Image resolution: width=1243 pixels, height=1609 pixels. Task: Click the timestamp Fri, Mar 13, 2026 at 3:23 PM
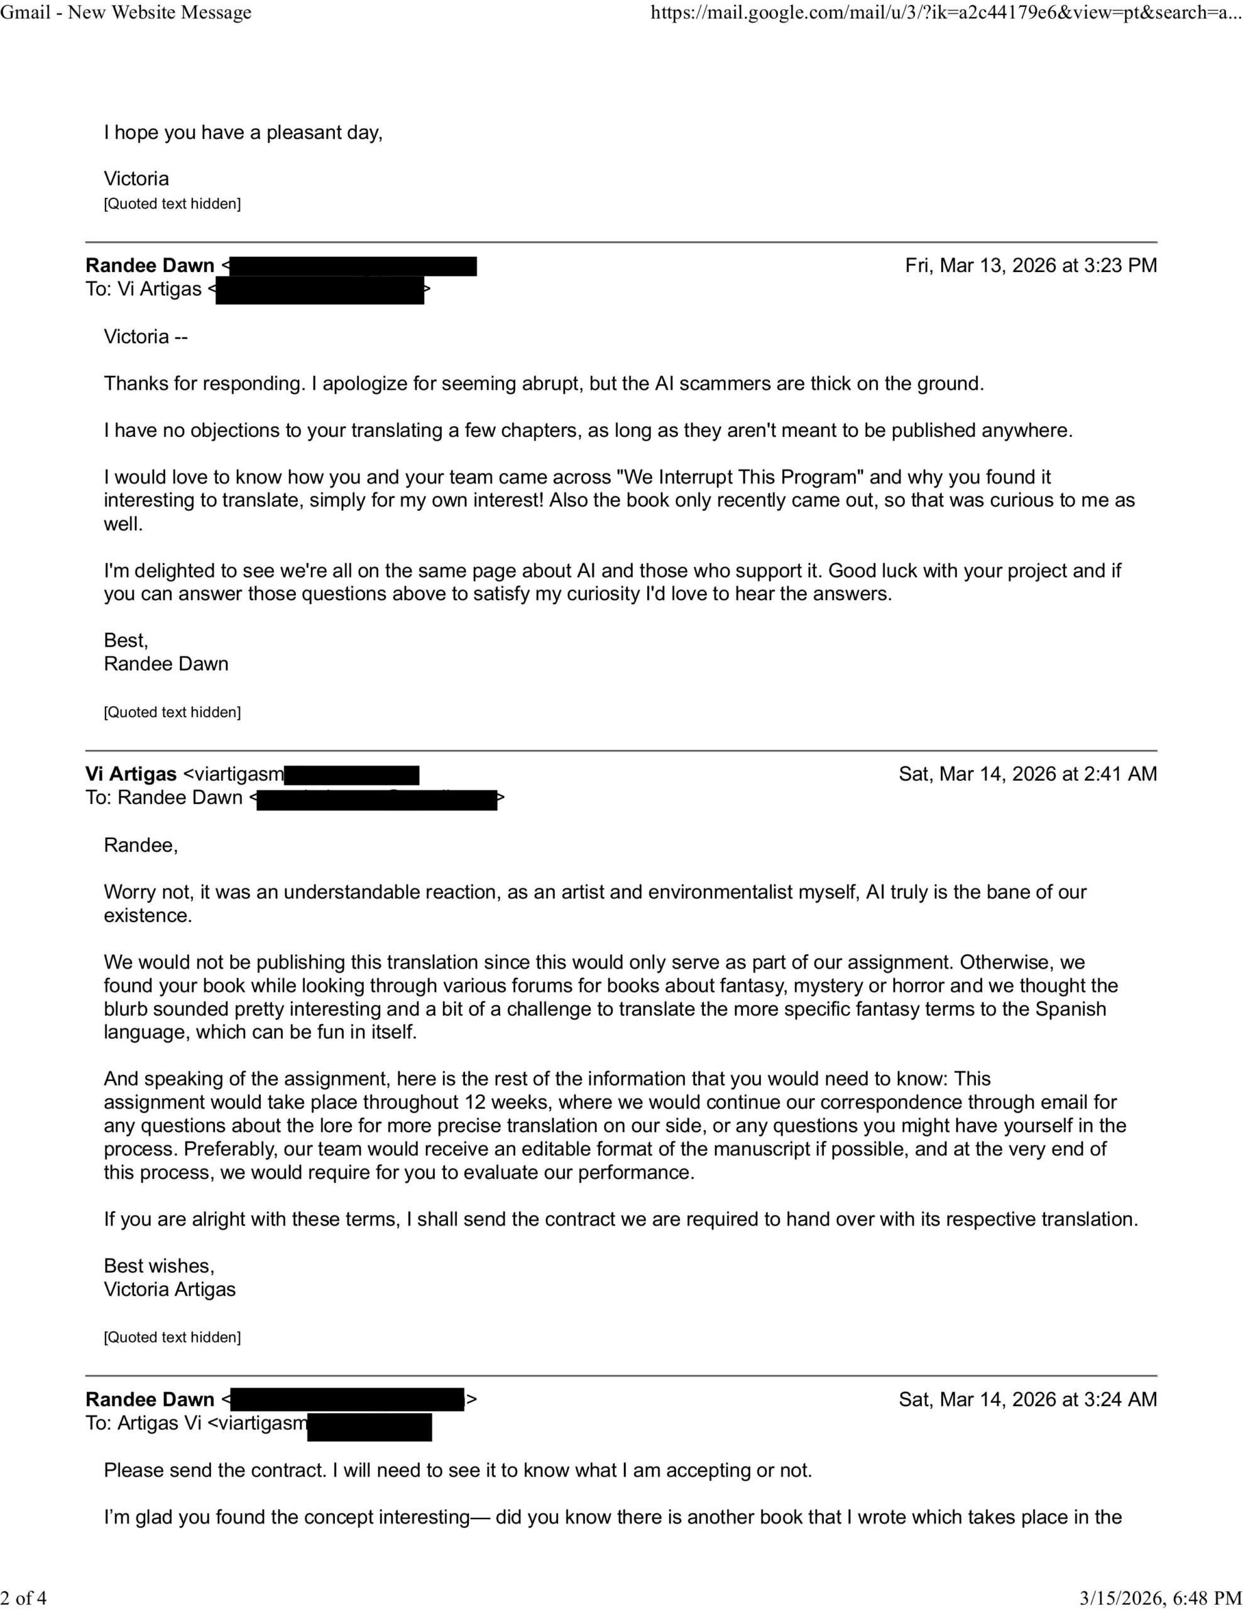coord(1030,265)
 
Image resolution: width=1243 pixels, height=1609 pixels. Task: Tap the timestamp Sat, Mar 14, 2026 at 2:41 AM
coord(1027,774)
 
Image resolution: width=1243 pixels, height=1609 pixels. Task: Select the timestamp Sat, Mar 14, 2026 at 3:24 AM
coord(1027,1399)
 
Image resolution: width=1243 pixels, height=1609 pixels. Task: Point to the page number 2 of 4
coord(24,1597)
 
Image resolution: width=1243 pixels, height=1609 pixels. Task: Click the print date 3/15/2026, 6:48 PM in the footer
coord(1161,1597)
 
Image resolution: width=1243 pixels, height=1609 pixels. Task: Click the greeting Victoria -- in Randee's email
coord(146,337)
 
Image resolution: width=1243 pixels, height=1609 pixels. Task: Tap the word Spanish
coord(1071,1009)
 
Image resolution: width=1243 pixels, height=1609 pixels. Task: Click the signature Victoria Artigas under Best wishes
coord(170,1289)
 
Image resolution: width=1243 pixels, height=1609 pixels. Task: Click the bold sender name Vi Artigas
coord(131,774)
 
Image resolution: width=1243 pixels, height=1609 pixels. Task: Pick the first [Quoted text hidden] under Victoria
coord(172,204)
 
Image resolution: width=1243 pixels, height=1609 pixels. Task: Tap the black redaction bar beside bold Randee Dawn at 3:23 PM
coord(354,266)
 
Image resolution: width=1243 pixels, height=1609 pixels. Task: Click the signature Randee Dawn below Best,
coord(167,664)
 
